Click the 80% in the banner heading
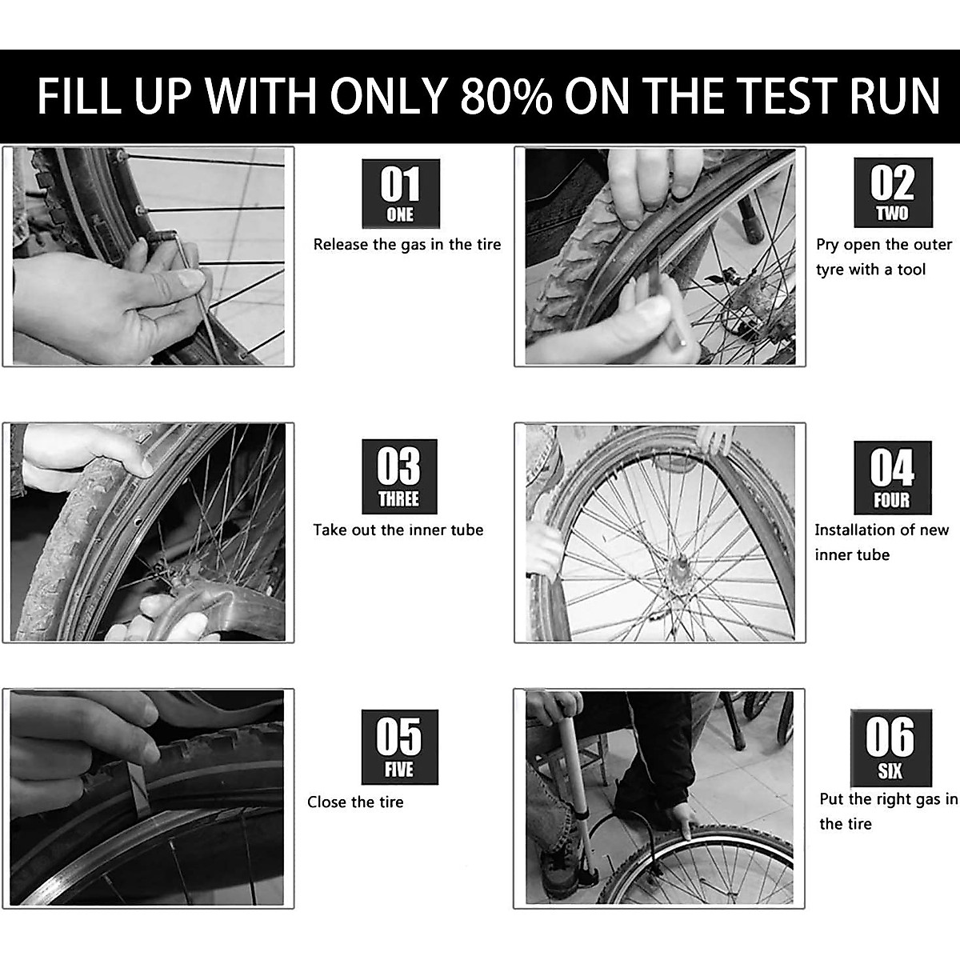506,96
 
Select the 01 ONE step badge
400,193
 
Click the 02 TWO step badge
892,192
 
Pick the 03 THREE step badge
399,477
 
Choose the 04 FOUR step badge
892,478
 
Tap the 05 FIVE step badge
399,746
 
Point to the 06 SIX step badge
890,747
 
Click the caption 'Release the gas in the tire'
407,245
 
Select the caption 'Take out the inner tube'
398,530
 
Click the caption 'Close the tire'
355,802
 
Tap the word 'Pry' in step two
827,245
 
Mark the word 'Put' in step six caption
832,799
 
